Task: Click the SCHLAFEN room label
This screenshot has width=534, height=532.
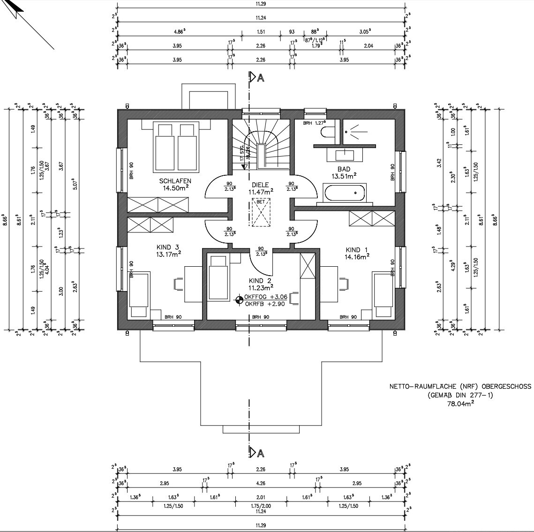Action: [x=175, y=181]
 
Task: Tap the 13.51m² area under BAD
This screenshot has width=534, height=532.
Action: [x=344, y=176]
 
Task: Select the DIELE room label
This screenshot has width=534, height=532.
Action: [x=261, y=185]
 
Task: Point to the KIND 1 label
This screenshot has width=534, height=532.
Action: [x=357, y=249]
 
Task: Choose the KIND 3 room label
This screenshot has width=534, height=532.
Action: [x=168, y=247]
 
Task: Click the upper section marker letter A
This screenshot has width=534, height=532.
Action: [x=261, y=78]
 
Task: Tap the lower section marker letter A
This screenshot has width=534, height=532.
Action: [x=261, y=453]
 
